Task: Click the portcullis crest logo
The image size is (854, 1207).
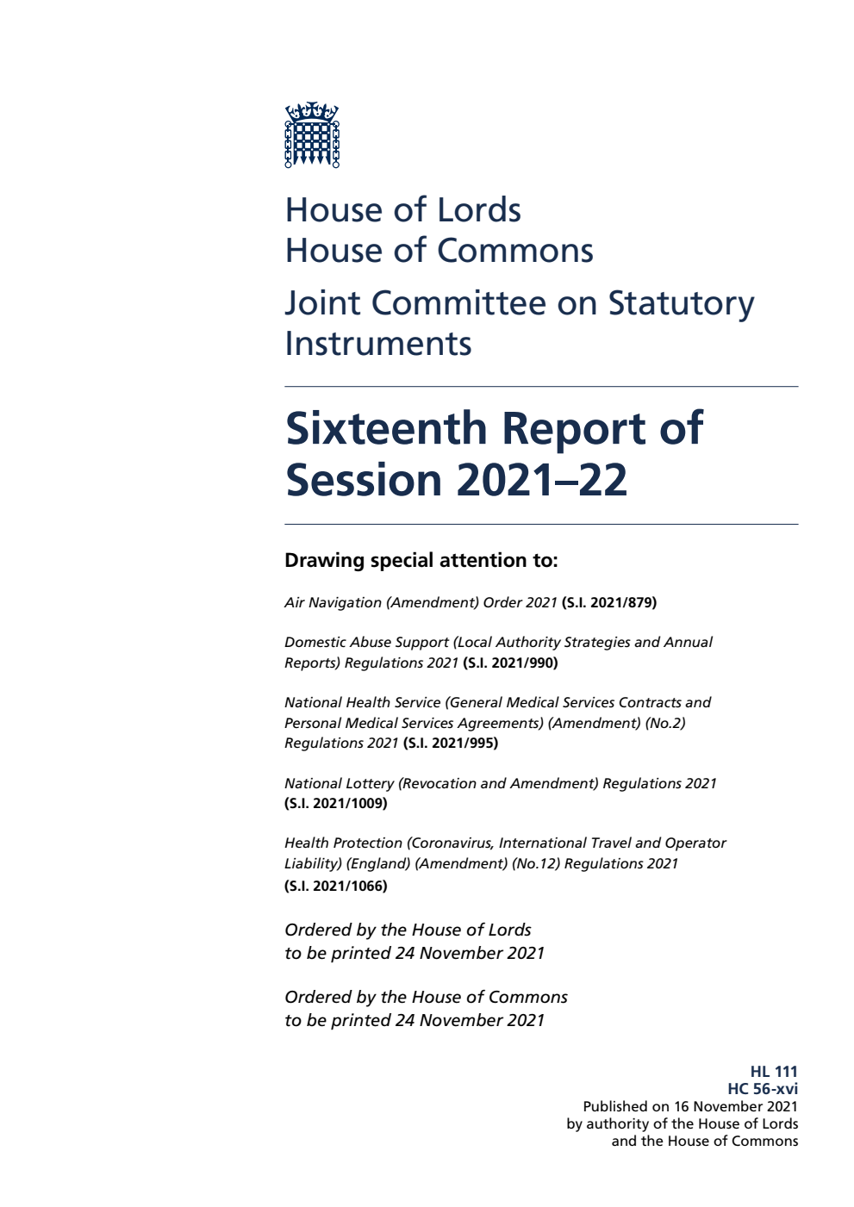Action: (x=312, y=134)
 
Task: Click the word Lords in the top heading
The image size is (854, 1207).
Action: (x=478, y=210)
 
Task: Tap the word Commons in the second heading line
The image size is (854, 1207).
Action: (x=515, y=251)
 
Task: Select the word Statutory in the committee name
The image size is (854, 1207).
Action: (x=681, y=303)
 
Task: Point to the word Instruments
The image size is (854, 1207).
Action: (x=378, y=344)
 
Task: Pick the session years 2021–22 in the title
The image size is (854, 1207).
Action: (x=542, y=480)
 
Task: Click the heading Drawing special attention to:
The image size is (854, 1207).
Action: (x=421, y=560)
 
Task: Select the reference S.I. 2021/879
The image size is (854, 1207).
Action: (x=609, y=602)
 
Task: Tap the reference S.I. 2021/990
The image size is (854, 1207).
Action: (x=510, y=663)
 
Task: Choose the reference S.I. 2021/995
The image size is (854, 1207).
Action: (x=451, y=743)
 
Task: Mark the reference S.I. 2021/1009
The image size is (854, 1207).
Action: (x=336, y=803)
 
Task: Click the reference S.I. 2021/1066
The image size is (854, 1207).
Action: (x=336, y=886)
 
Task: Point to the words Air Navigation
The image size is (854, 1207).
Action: (x=333, y=602)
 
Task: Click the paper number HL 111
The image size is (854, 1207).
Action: (x=774, y=1072)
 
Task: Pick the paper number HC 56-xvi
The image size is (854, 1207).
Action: (x=763, y=1089)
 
